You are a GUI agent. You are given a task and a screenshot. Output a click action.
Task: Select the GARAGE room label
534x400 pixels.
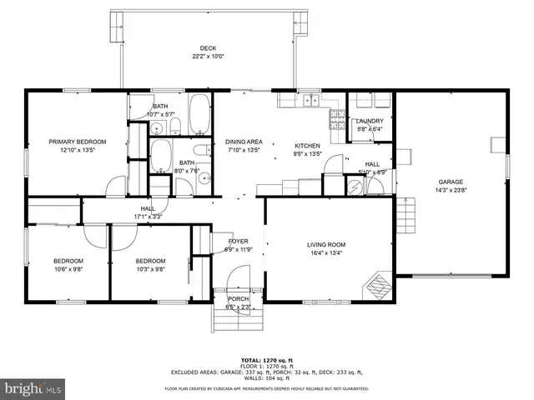click(x=451, y=182)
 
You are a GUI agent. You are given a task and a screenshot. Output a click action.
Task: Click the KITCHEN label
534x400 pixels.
click(x=307, y=145)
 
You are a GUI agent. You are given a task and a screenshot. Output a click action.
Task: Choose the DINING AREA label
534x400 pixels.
click(x=244, y=142)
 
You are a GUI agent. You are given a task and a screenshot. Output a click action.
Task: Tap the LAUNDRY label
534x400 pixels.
click(x=369, y=121)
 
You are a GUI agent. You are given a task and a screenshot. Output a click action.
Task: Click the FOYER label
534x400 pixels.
click(x=238, y=241)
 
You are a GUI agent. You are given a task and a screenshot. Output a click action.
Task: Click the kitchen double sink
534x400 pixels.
click(x=310, y=101)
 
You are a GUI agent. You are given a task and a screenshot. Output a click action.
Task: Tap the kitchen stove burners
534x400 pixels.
click(x=336, y=122)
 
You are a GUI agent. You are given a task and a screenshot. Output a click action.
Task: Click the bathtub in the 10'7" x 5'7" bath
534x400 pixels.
click(x=199, y=114)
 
